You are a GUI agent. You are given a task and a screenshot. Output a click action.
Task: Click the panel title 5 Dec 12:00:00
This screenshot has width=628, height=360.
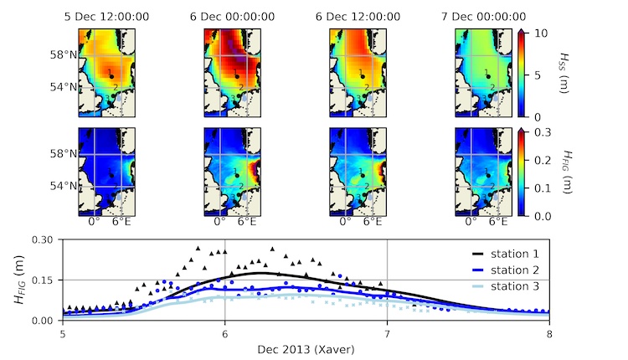106,15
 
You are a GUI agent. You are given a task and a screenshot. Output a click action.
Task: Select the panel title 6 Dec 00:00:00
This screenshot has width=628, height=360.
230,15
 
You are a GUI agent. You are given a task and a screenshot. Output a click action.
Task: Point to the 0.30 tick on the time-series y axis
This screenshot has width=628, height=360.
43,239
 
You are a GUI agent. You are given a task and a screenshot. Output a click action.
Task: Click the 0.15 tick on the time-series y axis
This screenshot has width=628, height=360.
43,280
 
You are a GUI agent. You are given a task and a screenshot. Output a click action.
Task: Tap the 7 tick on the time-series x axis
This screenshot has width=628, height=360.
387,333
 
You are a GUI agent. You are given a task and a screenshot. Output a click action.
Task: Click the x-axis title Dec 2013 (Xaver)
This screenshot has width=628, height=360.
306,348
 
